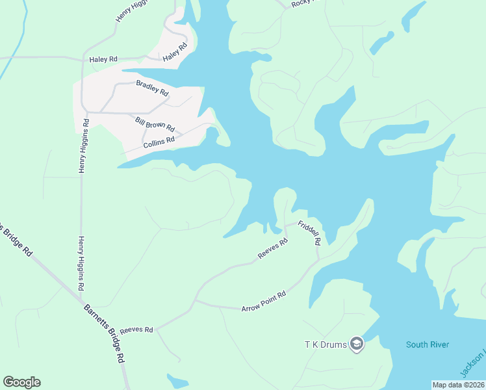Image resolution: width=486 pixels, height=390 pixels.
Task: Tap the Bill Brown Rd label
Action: [155, 123]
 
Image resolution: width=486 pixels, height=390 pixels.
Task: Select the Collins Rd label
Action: [159, 139]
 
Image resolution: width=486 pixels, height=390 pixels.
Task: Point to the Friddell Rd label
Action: [309, 233]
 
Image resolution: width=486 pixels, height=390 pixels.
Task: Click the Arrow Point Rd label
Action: [264, 301]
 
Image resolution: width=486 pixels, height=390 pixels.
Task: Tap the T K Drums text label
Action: [325, 343]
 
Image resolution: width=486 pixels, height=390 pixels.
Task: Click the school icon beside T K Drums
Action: [356, 343]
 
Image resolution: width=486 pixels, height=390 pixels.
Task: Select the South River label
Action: [428, 344]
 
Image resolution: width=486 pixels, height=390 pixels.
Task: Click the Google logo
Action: [21, 382]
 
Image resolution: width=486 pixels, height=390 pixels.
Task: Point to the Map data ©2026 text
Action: [457, 385]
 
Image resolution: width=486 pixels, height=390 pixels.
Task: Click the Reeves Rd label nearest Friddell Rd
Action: [273, 250]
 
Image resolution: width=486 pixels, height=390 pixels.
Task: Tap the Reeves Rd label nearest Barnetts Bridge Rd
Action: [136, 329]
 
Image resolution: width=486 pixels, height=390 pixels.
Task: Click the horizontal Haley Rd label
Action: [103, 58]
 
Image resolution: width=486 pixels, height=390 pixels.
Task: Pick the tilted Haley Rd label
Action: [175, 52]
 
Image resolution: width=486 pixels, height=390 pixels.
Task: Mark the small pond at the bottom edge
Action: [177, 381]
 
